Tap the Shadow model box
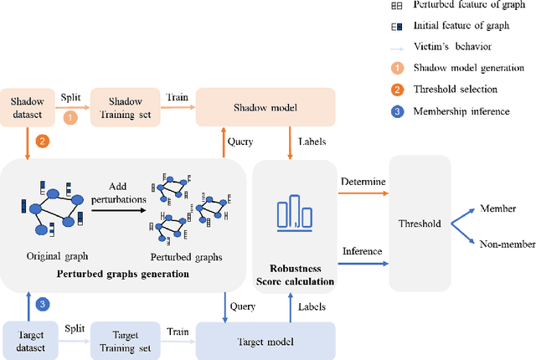click(x=265, y=109)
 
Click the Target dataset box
click(x=28, y=342)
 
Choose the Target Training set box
click(x=125, y=342)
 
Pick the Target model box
click(x=265, y=342)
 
